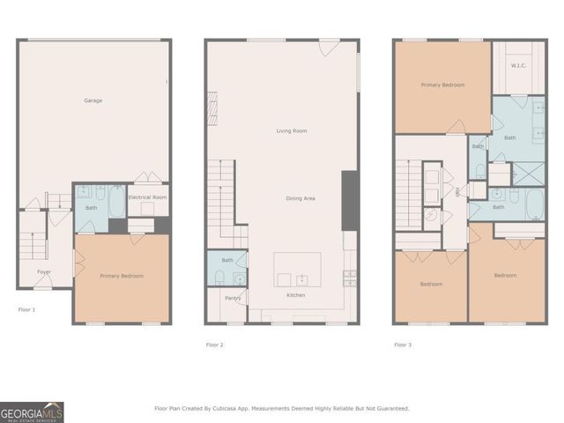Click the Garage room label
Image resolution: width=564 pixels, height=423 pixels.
click(93, 100)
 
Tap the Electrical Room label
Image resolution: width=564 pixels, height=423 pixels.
click(147, 197)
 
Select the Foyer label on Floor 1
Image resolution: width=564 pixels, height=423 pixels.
click(43, 271)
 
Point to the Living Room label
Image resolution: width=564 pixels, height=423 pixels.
click(291, 130)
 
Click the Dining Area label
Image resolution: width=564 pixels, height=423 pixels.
click(301, 198)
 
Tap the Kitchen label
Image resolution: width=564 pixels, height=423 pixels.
click(296, 295)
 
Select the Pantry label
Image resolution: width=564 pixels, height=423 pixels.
click(233, 298)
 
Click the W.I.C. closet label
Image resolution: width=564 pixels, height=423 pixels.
click(519, 64)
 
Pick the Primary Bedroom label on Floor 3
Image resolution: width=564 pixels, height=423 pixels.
click(442, 85)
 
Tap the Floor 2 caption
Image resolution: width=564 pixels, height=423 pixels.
click(215, 345)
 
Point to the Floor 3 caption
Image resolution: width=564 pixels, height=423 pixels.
click(403, 345)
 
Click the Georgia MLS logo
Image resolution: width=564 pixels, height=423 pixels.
click(32, 412)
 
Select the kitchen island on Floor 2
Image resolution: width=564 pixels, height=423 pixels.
click(297, 269)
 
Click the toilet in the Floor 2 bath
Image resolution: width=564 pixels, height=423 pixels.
click(217, 278)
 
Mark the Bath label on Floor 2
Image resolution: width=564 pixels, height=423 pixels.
click(227, 260)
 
